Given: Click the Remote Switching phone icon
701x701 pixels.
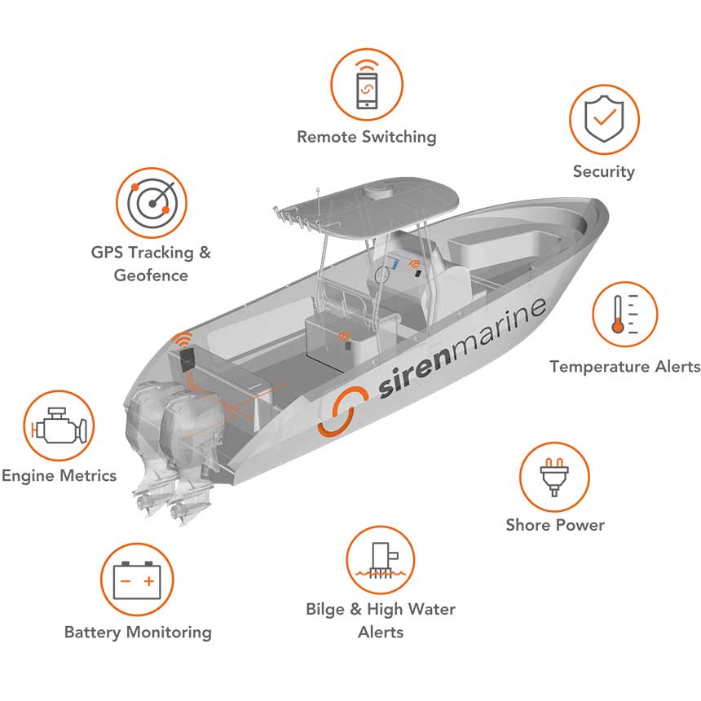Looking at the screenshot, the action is tap(367, 85).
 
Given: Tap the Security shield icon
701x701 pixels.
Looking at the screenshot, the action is tap(604, 119).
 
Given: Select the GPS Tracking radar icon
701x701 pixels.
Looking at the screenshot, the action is tap(152, 203).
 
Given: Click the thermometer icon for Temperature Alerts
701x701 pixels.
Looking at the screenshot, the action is tap(625, 314).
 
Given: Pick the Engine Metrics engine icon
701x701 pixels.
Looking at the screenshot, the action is tap(59, 425).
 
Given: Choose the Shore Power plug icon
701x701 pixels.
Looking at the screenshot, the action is tap(554, 477).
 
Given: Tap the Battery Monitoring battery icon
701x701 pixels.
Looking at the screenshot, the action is tap(137, 580).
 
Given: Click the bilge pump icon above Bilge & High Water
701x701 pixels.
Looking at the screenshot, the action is tap(381, 560).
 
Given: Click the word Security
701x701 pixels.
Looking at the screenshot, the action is tap(603, 172).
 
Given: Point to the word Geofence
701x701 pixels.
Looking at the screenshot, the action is tap(151, 275).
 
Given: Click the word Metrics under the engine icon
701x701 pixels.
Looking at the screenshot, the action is tap(88, 475).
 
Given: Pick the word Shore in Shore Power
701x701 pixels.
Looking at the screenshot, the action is tap(528, 524).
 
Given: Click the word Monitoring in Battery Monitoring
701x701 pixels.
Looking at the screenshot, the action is tap(169, 633).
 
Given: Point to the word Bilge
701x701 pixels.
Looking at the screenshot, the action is tap(325, 610).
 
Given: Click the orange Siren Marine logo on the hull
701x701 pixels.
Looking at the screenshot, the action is tap(343, 412).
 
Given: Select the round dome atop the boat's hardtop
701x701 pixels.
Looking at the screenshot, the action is tap(377, 192).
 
